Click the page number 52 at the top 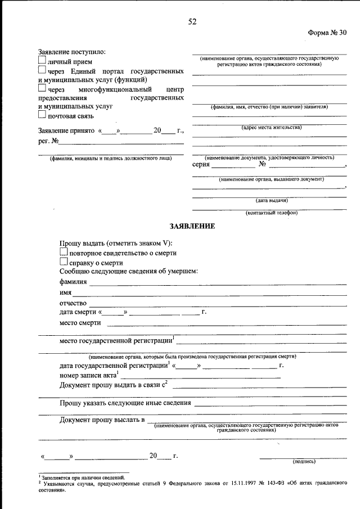(192, 22)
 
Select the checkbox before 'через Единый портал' (42, 70)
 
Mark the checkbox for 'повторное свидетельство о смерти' (64, 253)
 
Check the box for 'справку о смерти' (64, 262)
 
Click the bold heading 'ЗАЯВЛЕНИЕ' (192, 227)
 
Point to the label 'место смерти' (80, 323)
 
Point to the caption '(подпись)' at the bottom (304, 462)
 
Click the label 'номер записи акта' (87, 375)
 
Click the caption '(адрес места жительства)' (271, 128)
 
